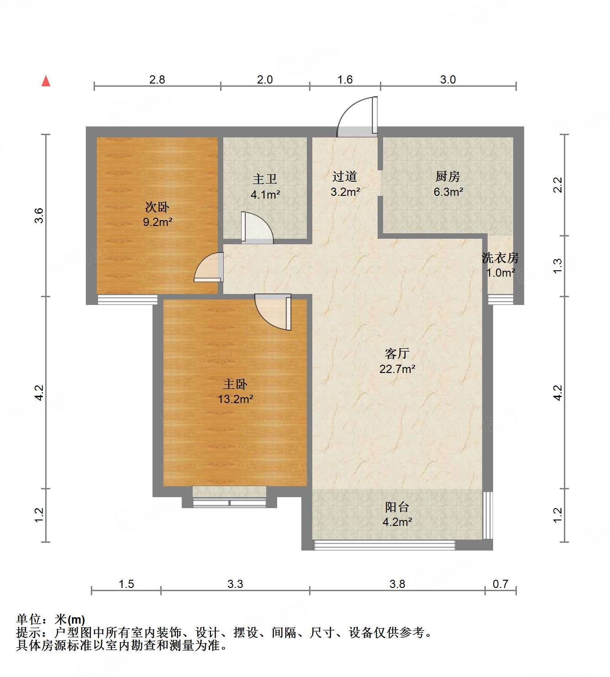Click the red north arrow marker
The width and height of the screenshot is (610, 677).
point(46,81)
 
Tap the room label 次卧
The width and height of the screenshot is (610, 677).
point(157,207)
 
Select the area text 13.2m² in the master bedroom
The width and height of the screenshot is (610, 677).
point(235,399)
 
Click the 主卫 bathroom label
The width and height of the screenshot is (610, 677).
point(265,179)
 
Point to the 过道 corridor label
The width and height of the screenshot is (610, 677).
point(345,177)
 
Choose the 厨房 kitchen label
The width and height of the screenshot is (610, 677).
point(448,177)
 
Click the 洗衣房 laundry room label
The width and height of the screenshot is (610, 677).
point(500,258)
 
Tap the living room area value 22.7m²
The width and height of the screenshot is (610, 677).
point(397,369)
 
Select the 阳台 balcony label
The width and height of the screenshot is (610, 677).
point(397,507)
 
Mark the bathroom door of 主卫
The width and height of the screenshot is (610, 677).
point(257,227)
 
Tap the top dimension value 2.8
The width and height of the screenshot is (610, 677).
point(157,80)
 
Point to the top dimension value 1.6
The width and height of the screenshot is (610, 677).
point(345,80)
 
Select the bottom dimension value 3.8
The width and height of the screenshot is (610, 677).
point(397,584)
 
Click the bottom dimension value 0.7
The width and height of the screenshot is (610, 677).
point(500,584)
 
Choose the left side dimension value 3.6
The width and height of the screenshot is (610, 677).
point(39,215)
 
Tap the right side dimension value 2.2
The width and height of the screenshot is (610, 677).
point(557,185)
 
